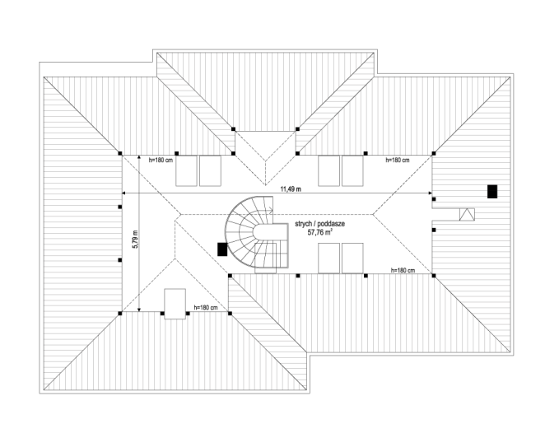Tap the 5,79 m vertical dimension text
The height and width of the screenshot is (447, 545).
coord(135,240)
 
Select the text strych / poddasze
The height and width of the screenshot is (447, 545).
coord(319,224)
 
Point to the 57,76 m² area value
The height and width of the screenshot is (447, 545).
coord(319,232)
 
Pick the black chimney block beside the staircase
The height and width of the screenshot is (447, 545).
coord(222,249)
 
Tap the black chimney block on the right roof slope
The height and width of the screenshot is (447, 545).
coord(492,192)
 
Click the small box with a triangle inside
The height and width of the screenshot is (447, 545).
coord(467,215)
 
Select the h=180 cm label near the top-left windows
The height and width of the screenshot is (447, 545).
coord(161,161)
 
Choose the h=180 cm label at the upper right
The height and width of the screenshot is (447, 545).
coord(398,160)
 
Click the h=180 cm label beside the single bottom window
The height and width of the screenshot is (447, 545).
coord(206,308)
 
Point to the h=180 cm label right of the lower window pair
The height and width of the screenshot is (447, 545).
coord(403,270)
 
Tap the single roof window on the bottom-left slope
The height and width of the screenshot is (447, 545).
coord(175,304)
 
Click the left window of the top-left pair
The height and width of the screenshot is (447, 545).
coord(186,170)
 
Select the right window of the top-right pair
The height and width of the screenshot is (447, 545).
coord(352,170)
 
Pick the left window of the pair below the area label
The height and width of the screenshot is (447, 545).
coord(328,258)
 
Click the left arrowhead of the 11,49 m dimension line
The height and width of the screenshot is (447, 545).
coord(123,193)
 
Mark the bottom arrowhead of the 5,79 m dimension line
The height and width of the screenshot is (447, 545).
coord(139,309)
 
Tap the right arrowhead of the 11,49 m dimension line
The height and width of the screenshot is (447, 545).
coord(430,193)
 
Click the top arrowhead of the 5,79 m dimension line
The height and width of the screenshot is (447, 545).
coord(139,158)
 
